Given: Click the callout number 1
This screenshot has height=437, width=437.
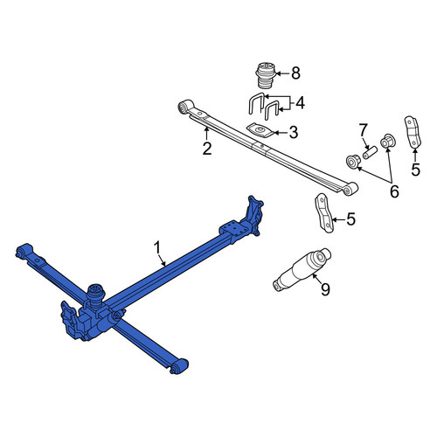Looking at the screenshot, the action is (157, 248).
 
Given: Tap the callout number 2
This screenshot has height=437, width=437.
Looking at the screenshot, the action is (207, 149).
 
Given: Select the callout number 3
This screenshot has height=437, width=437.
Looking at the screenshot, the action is (293, 132).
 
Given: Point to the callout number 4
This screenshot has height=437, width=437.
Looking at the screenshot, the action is (300, 103).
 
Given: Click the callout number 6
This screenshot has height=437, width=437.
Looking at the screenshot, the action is (394, 191).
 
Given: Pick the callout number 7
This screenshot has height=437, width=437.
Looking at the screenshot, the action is (363, 130).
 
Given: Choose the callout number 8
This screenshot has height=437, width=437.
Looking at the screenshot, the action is (295, 73).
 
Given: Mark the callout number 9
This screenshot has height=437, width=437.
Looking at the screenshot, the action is (325, 289).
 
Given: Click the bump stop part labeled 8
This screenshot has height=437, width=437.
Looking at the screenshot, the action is (266, 75).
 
